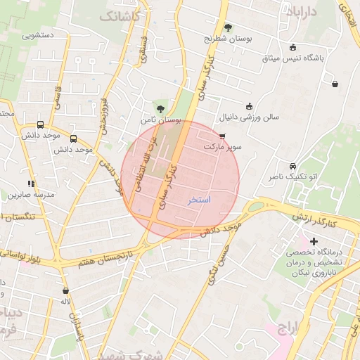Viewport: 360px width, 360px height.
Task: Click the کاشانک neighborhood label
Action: click(120, 15)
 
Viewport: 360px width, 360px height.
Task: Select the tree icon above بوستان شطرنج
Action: click(229, 27)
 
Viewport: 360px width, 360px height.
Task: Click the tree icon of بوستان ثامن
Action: click(162, 108)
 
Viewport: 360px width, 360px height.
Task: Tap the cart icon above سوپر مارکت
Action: click(223, 136)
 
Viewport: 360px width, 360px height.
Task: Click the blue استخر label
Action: click(199, 200)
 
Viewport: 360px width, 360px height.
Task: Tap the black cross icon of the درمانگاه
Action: click(314, 242)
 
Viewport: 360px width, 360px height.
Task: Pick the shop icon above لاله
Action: click(65, 290)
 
